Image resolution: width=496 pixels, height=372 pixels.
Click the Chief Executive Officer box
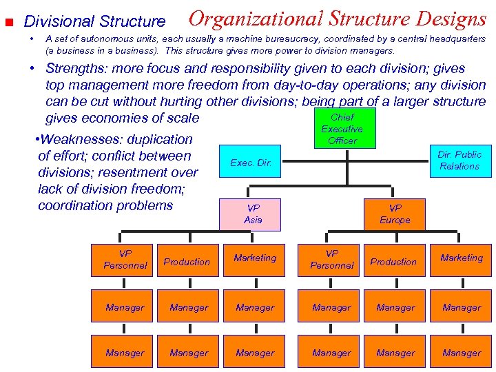coord(342,130)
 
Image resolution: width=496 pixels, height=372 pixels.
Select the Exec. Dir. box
coord(251,163)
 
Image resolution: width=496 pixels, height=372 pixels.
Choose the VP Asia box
coord(253,214)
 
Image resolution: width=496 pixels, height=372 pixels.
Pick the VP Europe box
coord(395,214)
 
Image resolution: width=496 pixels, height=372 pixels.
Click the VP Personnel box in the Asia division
coord(125,259)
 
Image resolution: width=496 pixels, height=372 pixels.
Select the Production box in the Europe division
coord(393,262)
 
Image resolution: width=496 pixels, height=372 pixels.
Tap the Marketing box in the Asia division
coord(255,258)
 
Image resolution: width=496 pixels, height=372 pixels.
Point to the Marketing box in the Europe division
coord(462,258)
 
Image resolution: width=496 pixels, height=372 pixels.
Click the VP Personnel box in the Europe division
coord(332,259)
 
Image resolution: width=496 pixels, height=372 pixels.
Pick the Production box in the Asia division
coord(187,262)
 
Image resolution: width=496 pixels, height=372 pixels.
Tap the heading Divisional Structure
coord(95,22)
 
